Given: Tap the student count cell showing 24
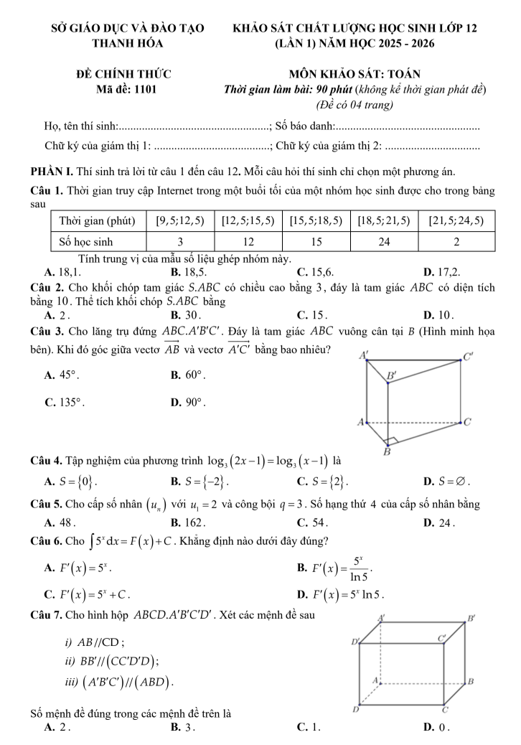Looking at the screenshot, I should (x=383, y=241).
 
